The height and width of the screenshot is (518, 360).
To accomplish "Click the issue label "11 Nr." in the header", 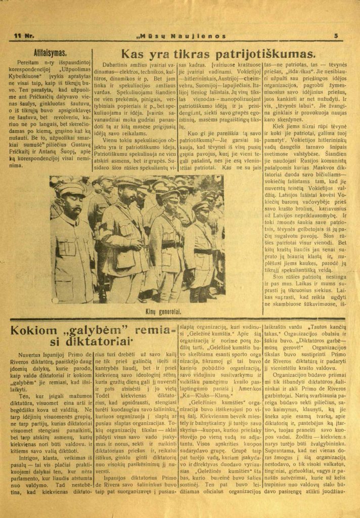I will coord(23,36).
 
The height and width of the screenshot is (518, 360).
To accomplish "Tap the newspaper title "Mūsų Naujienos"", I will coord(181,36).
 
